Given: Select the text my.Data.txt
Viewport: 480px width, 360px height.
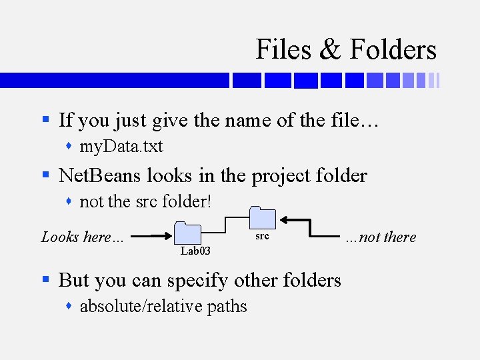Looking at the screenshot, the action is (121, 146).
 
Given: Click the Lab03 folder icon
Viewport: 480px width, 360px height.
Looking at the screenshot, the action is (187, 234).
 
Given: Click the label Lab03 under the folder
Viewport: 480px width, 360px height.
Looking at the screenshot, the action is (195, 251).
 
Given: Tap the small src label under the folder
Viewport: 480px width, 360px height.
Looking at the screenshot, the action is (263, 237).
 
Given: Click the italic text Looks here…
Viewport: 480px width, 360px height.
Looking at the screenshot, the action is (83, 237).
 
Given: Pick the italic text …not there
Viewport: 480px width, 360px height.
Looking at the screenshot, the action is (381, 237).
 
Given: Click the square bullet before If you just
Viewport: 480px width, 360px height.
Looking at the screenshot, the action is (46, 121).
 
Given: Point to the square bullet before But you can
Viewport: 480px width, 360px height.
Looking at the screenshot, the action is (46, 280).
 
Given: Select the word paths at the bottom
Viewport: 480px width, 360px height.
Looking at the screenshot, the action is (227, 307).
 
